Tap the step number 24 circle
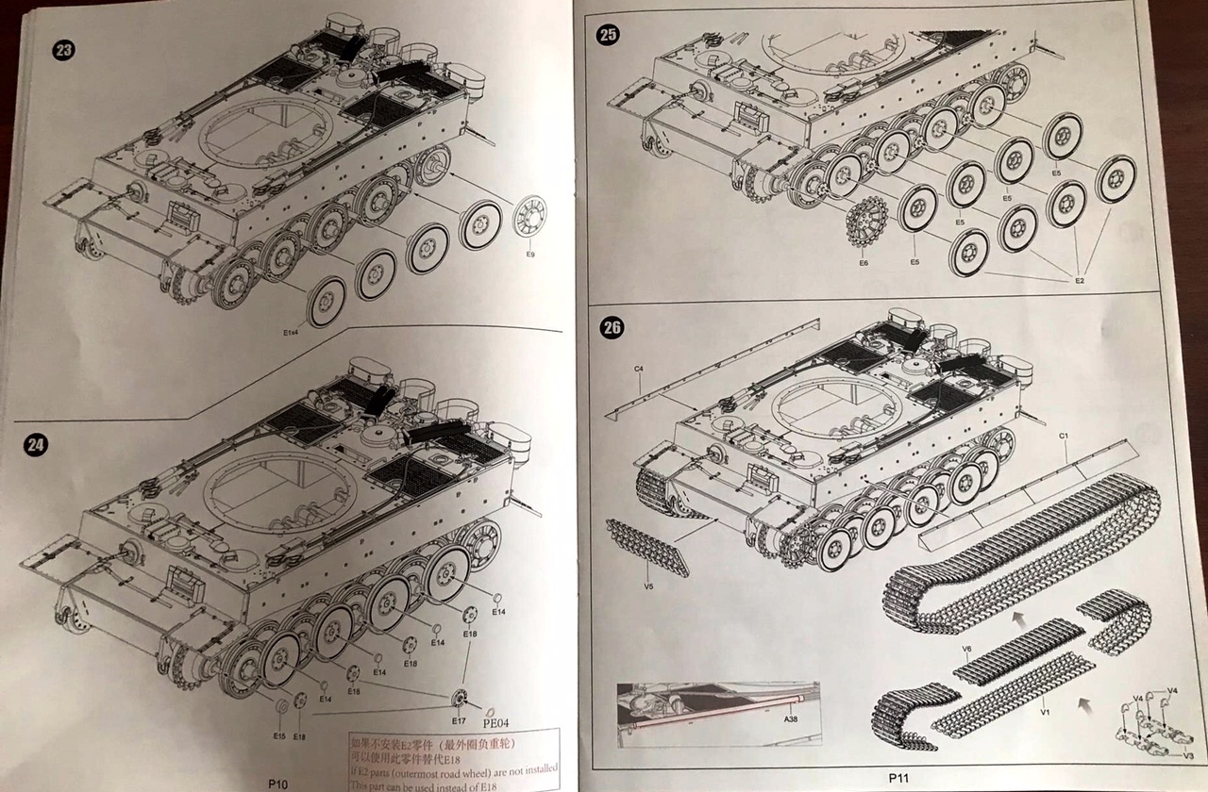(36, 446)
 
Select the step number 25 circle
(609, 36)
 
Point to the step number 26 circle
(612, 328)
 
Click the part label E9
(529, 255)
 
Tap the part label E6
(864, 263)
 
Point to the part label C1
(1063, 436)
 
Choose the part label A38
(790, 718)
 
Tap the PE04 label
(496, 724)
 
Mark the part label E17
(459, 721)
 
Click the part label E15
(279, 735)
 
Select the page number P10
(277, 783)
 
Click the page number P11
(897, 778)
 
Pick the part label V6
(966, 649)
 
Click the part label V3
(1189, 755)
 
